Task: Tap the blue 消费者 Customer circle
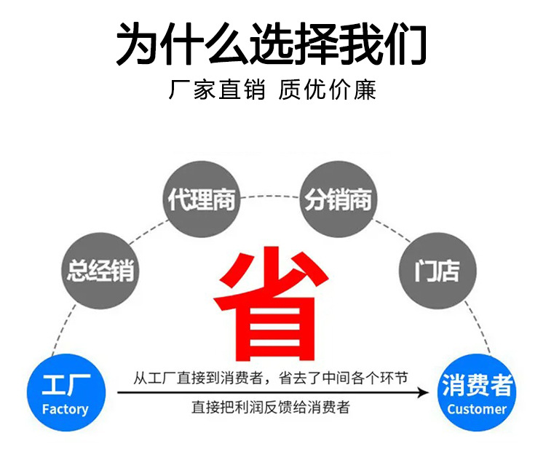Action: (x=477, y=394)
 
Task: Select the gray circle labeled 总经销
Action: (x=99, y=271)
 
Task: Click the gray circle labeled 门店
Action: (x=437, y=271)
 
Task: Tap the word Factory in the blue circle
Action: (x=65, y=409)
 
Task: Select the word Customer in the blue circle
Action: (x=477, y=409)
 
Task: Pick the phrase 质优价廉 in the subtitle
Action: (x=328, y=91)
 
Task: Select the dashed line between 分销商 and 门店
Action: (x=393, y=230)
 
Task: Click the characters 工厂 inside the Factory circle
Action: (x=65, y=386)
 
